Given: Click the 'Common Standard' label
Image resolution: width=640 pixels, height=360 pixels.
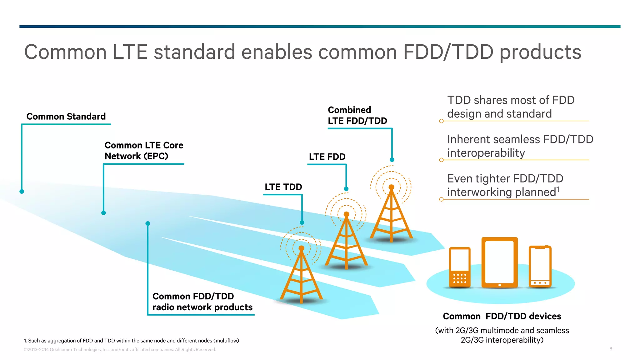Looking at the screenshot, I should click(x=66, y=117).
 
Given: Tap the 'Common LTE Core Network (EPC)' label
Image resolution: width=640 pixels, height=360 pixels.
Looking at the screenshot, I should click(x=144, y=151).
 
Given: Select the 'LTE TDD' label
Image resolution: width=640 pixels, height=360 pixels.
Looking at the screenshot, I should click(x=283, y=187).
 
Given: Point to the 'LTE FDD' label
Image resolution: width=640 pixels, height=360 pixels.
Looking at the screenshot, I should click(x=327, y=157).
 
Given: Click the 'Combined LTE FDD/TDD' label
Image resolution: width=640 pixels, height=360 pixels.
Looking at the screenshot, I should click(x=357, y=115).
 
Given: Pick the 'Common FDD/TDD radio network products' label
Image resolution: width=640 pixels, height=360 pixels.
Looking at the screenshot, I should click(x=202, y=302).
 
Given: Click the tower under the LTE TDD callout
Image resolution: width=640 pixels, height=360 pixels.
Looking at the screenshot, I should click(x=301, y=275).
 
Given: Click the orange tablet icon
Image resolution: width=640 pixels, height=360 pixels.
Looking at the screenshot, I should click(x=499, y=262).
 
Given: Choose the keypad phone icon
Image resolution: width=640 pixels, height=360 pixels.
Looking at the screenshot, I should click(x=460, y=267).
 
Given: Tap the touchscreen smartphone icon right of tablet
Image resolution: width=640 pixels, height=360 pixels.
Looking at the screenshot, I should click(x=540, y=266).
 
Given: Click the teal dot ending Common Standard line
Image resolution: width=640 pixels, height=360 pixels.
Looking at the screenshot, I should click(x=22, y=192).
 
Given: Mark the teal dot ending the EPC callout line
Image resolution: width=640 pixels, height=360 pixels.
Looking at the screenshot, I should click(x=104, y=213).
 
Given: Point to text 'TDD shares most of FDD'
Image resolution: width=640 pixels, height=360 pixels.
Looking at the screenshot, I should click(x=511, y=100).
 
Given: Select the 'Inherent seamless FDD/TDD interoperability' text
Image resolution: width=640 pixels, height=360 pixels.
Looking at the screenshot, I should click(x=520, y=146).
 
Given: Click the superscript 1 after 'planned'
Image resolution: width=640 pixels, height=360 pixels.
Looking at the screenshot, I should click(x=558, y=189).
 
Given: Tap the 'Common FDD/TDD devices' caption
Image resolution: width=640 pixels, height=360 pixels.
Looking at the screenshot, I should click(x=502, y=316).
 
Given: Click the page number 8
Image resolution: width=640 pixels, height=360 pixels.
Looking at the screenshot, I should click(x=611, y=349).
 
